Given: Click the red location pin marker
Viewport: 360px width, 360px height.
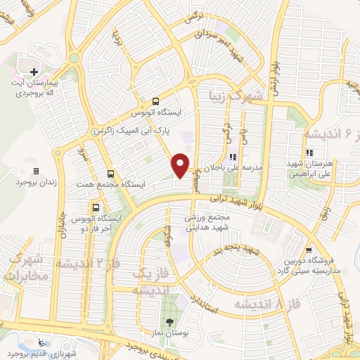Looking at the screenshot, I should (x=181, y=165).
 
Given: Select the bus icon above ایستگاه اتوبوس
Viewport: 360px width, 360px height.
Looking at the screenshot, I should (x=155, y=101).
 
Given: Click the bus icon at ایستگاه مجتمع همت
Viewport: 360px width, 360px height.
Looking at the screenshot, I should (x=110, y=174).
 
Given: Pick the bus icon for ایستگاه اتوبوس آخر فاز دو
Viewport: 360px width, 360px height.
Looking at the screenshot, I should (x=96, y=208).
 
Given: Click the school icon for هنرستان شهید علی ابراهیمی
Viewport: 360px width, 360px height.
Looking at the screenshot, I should (x=309, y=153).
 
